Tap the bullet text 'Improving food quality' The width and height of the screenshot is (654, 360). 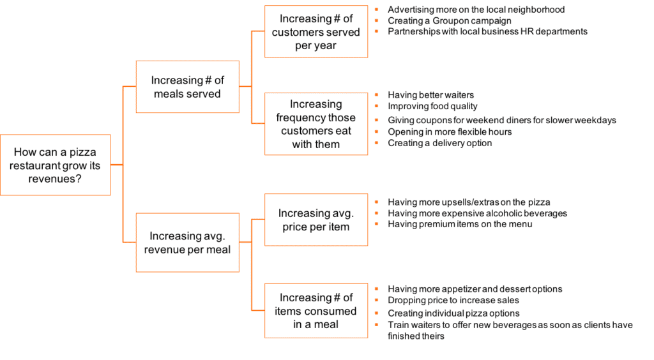click(x=432, y=106)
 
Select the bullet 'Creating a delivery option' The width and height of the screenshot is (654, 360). click(x=439, y=143)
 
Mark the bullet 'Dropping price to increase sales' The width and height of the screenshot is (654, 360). click(x=453, y=300)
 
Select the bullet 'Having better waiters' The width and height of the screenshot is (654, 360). click(x=431, y=95)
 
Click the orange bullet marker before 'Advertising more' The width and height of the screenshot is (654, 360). click(x=377, y=10)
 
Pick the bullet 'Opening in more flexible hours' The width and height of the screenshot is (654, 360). click(x=450, y=131)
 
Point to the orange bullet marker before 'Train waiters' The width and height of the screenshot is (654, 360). click(x=377, y=325)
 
